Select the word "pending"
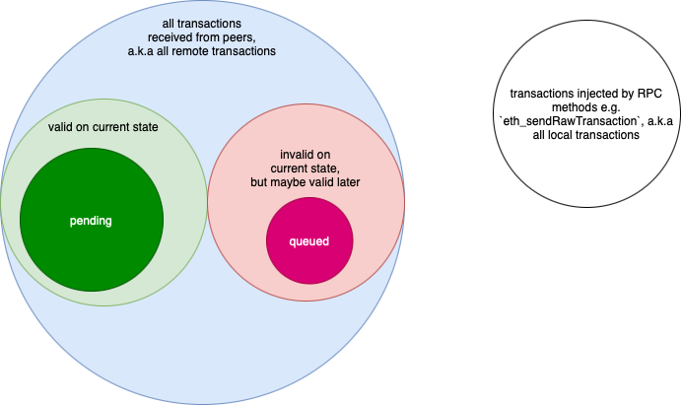91,221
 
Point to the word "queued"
308,241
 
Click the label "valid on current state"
102,128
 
